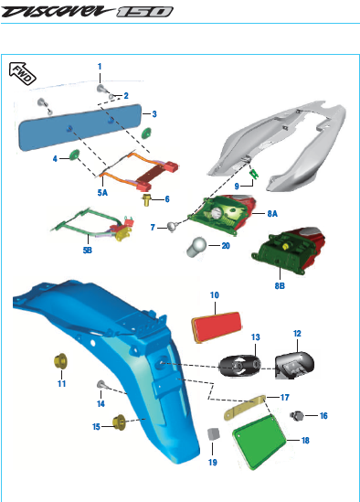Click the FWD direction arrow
point(22,73)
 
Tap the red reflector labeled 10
point(217,327)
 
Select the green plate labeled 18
point(259,441)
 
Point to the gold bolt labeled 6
point(146,199)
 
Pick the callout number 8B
point(280,285)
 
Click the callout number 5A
point(102,192)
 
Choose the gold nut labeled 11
point(60,361)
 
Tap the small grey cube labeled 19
point(214,433)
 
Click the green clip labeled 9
point(254,174)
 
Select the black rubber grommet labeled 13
point(239,366)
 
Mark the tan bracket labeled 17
point(245,408)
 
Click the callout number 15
point(96,427)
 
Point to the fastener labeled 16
point(297,415)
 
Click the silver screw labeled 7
point(172,227)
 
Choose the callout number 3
point(154,114)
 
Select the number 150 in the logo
point(144,12)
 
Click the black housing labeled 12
point(294,365)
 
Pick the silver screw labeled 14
point(101,385)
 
